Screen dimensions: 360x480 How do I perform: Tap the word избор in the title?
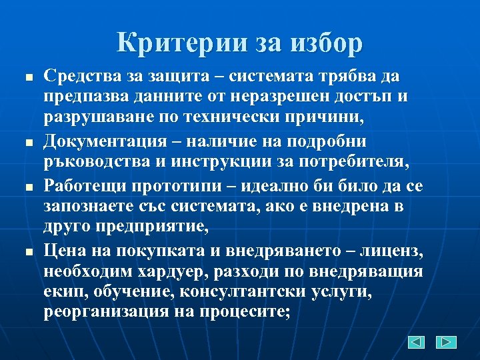click(x=327, y=43)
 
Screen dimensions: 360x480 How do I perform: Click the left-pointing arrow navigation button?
click(x=416, y=342)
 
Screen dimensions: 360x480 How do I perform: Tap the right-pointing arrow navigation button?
click(x=446, y=342)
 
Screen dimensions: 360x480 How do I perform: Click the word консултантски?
click(x=261, y=291)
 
